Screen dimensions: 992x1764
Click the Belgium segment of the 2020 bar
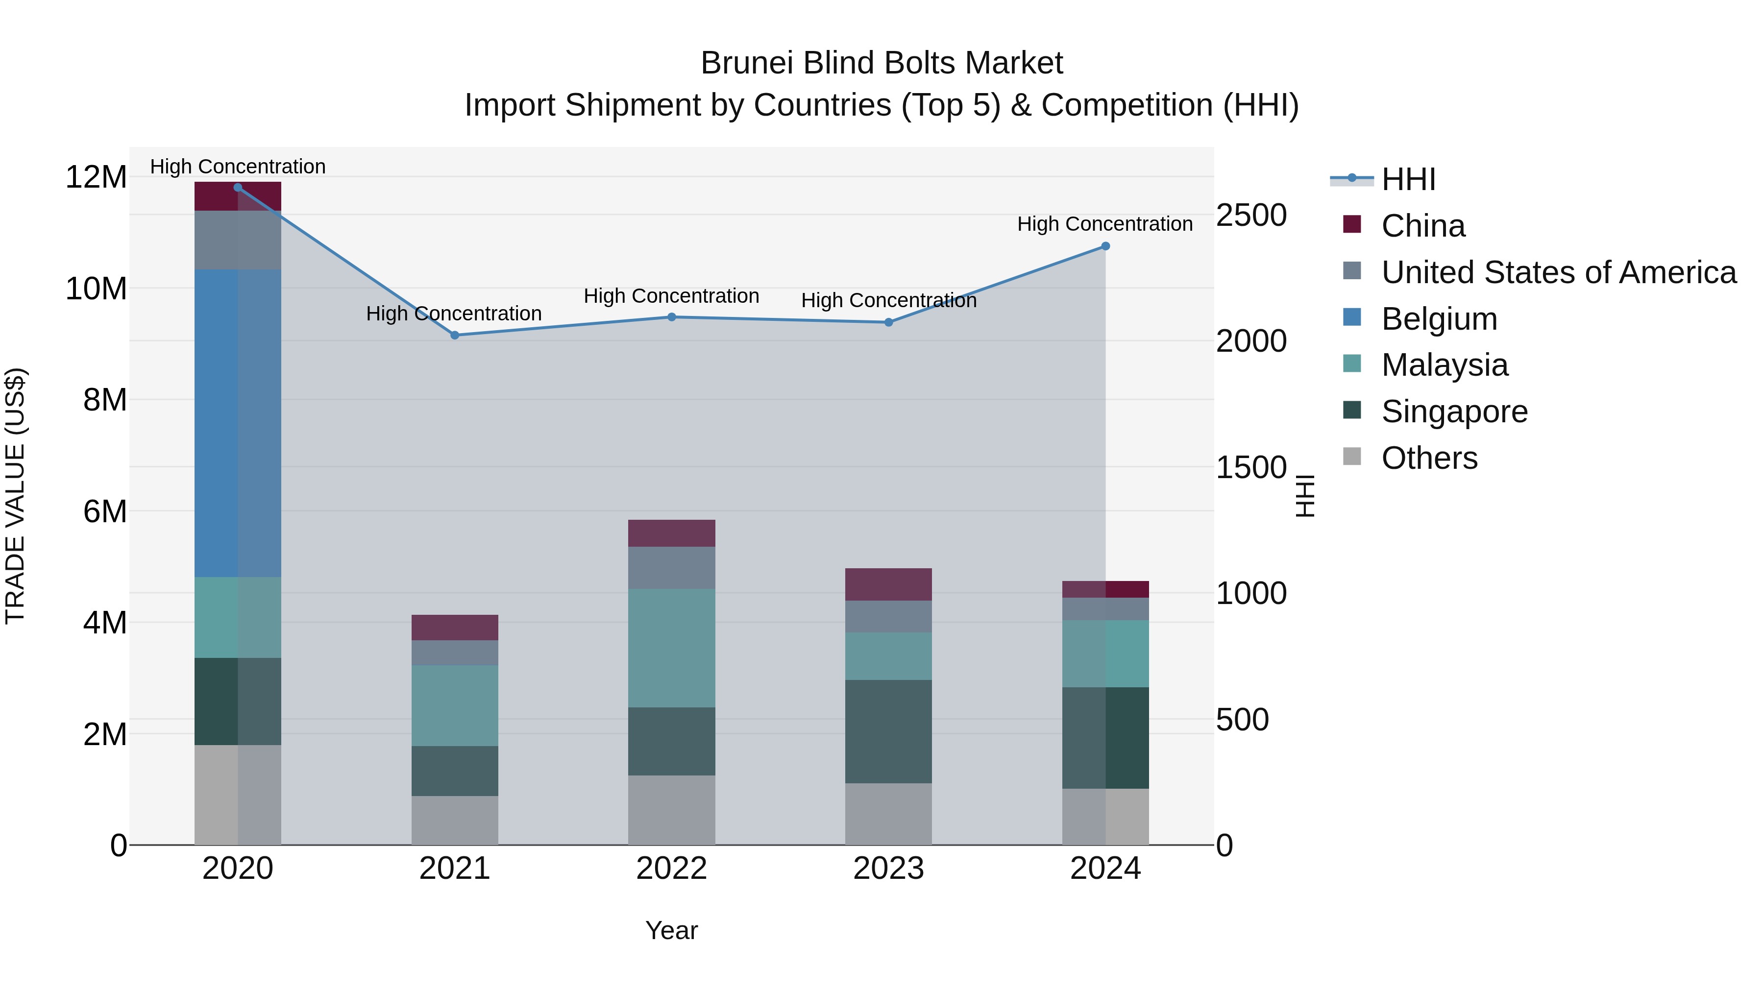coord(238,423)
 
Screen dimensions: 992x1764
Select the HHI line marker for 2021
coord(455,336)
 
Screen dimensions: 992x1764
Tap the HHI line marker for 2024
coord(1105,246)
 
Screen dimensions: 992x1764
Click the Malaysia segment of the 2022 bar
coord(671,648)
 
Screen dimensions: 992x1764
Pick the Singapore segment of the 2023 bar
coord(888,731)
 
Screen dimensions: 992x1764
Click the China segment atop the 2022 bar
coord(671,533)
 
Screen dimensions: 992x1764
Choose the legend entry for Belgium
coord(1439,319)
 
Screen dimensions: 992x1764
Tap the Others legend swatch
coord(1352,457)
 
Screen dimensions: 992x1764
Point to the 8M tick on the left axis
coord(105,400)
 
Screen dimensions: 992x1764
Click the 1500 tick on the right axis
coord(1251,468)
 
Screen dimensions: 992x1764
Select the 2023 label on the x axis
coord(888,869)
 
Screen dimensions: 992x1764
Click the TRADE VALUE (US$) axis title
coord(16,496)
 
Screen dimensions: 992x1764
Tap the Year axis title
coord(671,930)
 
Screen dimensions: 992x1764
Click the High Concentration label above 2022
coord(671,296)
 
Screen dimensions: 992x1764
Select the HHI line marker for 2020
coord(238,188)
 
